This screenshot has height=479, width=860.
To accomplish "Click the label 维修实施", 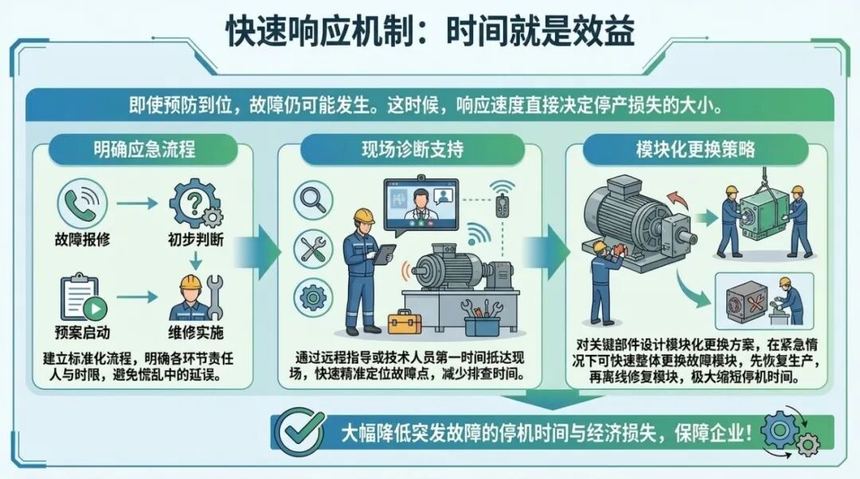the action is point(196,332).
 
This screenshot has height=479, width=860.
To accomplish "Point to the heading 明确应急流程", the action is point(143,150).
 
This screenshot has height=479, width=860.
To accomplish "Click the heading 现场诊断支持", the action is point(412,150).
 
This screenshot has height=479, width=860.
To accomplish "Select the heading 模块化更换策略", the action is point(695,149).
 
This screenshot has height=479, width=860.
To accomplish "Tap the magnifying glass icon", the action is point(313,201).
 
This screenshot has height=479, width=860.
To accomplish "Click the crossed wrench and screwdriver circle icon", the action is point(313,249).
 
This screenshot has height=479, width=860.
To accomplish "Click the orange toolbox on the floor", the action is point(405,321).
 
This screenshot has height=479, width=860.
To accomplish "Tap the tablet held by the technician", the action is point(385,255).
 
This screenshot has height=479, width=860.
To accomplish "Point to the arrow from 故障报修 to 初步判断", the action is point(137,204).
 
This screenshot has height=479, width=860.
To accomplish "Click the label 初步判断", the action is point(196,240).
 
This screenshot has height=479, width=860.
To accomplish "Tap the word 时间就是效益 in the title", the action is point(540,31).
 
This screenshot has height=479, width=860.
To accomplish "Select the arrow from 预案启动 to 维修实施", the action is point(137,298).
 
